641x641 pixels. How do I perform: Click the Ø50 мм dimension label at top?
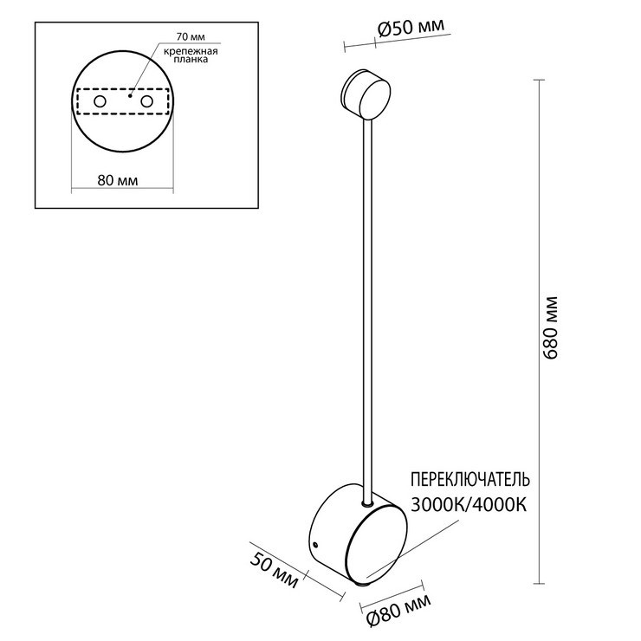[411, 28]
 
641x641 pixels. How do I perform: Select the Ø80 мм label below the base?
[398, 611]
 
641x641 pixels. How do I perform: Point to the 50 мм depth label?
[274, 570]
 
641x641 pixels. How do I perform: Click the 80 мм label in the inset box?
[118, 180]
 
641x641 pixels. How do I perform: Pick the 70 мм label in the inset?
[191, 36]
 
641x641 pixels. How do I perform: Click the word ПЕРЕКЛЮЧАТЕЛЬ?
[470, 479]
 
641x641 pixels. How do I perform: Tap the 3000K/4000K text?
[469, 505]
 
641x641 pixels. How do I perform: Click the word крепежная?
[191, 51]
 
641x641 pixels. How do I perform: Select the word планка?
[191, 59]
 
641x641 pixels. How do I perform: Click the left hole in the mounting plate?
[100, 101]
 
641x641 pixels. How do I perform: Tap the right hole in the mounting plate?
[146, 101]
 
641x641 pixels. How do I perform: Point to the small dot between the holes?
[130, 96]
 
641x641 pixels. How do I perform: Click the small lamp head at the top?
[365, 94]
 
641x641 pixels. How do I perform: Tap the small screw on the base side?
[315, 545]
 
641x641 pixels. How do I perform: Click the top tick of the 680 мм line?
[539, 80]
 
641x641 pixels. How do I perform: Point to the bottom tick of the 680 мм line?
[539, 583]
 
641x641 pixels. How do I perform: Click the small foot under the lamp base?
[361, 586]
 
